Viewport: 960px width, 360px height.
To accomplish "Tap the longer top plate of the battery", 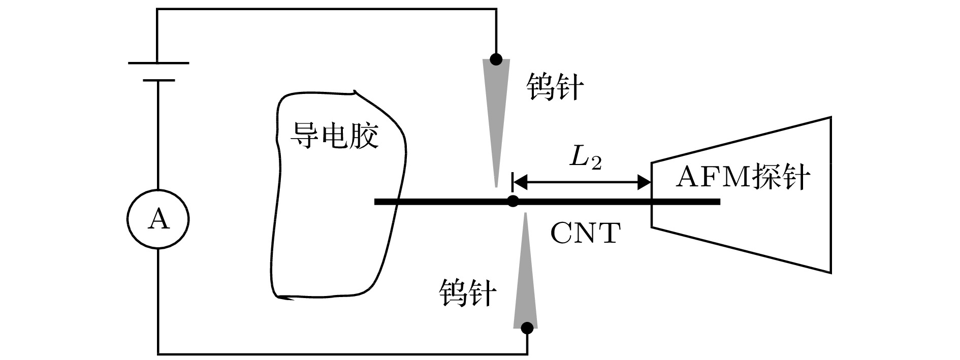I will coord(158,63).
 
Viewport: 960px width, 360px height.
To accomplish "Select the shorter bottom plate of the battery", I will coord(158,80).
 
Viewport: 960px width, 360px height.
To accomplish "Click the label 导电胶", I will coord(334,136).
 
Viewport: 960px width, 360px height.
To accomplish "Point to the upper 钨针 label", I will coord(555,87).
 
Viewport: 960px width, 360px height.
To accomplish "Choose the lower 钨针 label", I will coord(467,293).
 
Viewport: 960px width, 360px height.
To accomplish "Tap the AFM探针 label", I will coord(743,177).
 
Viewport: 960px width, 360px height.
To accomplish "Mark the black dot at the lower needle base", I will coord(527,328).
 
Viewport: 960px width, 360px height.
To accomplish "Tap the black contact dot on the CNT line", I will coord(513,201).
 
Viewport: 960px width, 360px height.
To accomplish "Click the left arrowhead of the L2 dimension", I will coord(519,181).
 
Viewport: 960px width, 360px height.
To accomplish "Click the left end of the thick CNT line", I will coord(376,202).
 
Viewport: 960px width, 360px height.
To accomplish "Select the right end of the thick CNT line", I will coord(718,202).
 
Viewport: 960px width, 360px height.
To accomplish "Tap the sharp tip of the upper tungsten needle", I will coord(496,185).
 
